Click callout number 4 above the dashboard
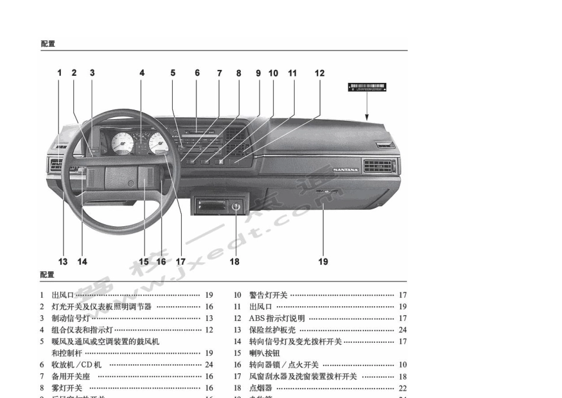142,73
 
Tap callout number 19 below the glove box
323,261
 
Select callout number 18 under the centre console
235,261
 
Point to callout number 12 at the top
319,73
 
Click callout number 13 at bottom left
63,261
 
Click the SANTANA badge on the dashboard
345,170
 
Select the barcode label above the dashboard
367,88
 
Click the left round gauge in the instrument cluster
122,143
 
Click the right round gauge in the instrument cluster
160,143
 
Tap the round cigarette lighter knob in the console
235,207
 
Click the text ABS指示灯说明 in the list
277,319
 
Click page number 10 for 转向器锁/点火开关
402,365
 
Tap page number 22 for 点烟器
402,388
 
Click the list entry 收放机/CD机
76,365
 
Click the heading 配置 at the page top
48,44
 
